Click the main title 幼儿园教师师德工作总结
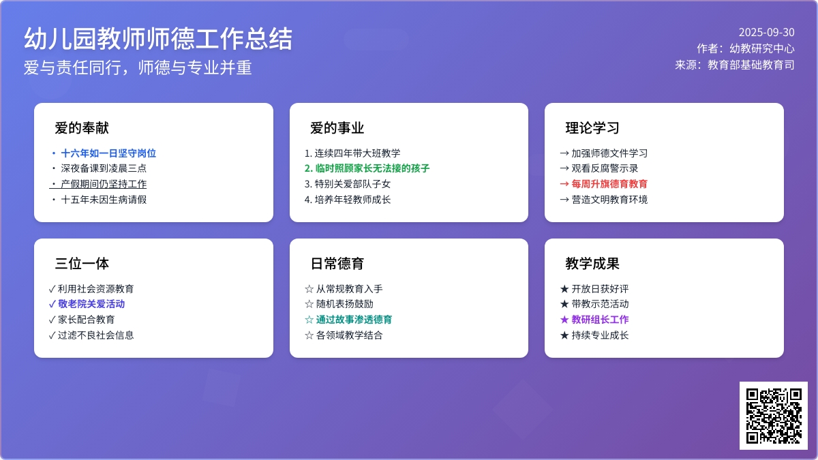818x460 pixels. [158, 39]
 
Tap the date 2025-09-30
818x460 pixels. [766, 33]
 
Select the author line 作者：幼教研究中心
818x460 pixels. [745, 48]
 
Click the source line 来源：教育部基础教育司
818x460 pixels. [734, 65]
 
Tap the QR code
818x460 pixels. [774, 416]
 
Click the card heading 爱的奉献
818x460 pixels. [82, 128]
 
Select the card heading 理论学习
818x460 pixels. [592, 128]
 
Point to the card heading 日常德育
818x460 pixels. [337, 264]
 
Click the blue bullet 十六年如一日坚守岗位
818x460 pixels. [108, 153]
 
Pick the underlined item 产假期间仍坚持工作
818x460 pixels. [104, 184]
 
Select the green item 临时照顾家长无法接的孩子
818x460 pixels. [372, 168]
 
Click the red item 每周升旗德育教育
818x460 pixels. [609, 184]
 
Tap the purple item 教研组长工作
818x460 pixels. [600, 320]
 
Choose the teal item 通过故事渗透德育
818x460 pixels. [354, 320]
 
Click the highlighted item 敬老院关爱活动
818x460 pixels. [91, 304]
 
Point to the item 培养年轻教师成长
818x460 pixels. [352, 200]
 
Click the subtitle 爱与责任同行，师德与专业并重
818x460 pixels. [138, 68]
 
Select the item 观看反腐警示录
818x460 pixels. [605, 168]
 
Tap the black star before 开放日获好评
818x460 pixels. [564, 289]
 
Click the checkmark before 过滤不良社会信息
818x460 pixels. [52, 335]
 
